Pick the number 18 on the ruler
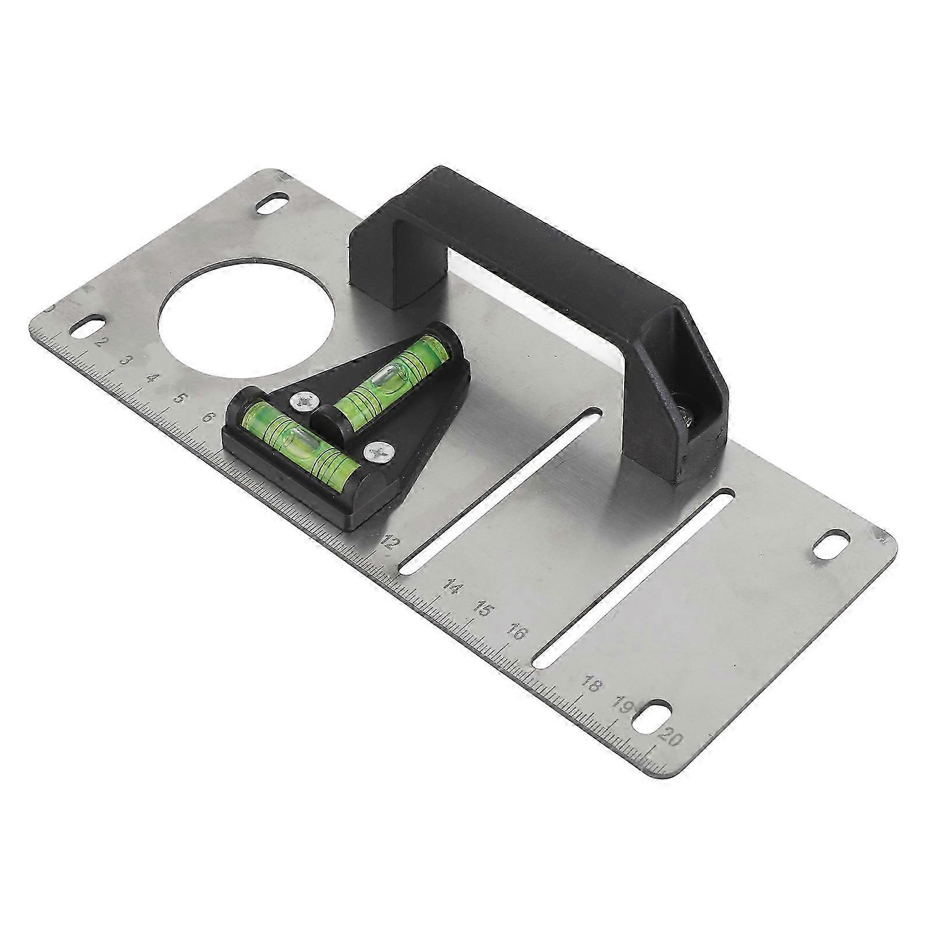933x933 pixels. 590,685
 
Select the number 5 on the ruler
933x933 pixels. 181,399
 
